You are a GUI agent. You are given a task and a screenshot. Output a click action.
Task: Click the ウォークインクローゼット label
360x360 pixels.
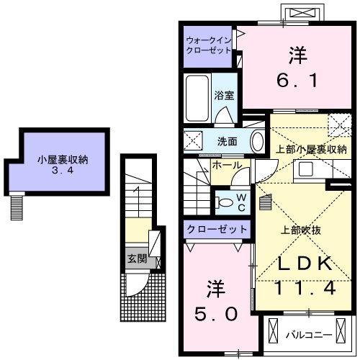[208, 45]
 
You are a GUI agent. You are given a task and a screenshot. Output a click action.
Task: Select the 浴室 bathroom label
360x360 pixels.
[222, 95]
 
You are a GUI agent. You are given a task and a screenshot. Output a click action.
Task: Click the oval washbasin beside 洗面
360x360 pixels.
[257, 140]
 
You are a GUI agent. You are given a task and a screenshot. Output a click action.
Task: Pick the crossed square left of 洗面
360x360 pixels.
[193, 140]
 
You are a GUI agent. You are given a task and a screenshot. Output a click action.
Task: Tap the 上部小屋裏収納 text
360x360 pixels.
[307, 150]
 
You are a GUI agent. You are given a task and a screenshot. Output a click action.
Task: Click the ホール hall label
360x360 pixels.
[222, 165]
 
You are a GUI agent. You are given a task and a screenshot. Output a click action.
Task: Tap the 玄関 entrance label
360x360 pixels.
[135, 258]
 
